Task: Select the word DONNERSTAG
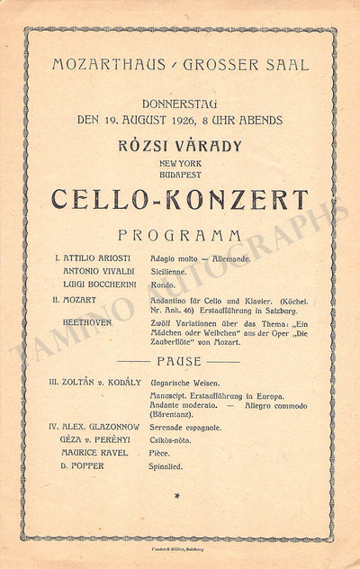coord(179,105)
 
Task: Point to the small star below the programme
coord(178,495)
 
